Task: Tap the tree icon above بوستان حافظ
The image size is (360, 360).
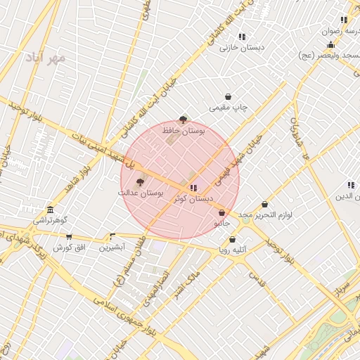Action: coord(184,120)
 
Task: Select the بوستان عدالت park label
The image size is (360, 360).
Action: coord(141,192)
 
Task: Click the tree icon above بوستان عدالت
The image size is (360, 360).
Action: coord(139,181)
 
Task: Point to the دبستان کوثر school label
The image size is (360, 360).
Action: coord(193,199)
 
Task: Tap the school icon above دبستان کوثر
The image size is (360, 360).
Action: coord(193,188)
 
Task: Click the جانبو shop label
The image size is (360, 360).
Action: coord(221,223)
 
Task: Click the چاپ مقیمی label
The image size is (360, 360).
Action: coord(229,108)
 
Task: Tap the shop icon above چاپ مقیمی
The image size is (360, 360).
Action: coord(229,97)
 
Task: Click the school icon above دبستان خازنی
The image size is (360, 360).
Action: coord(242,37)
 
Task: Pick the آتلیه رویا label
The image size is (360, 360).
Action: coord(233,250)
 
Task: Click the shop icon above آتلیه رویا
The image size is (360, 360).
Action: coord(233,240)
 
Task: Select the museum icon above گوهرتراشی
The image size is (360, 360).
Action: coord(50,210)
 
